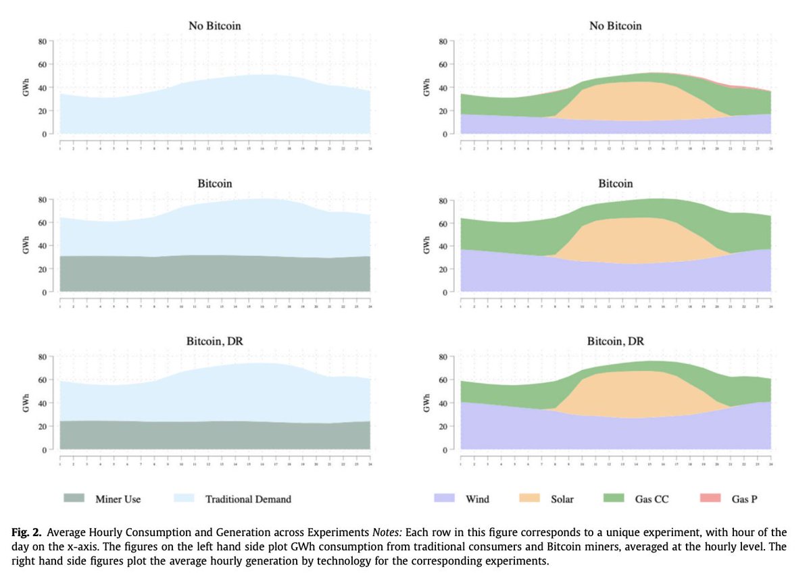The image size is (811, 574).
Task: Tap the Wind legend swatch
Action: (x=447, y=498)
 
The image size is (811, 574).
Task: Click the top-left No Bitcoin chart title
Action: (x=216, y=26)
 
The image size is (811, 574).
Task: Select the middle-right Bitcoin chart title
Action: (x=615, y=184)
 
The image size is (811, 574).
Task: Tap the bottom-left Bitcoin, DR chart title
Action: (x=216, y=342)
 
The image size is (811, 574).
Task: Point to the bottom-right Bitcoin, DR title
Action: (x=615, y=342)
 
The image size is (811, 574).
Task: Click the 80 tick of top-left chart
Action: (x=41, y=41)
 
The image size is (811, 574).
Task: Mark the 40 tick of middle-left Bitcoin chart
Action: (x=41, y=246)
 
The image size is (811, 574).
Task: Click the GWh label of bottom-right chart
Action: (x=426, y=403)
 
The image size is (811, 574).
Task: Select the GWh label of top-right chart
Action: (x=426, y=88)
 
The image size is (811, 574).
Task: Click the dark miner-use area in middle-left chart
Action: (x=216, y=273)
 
